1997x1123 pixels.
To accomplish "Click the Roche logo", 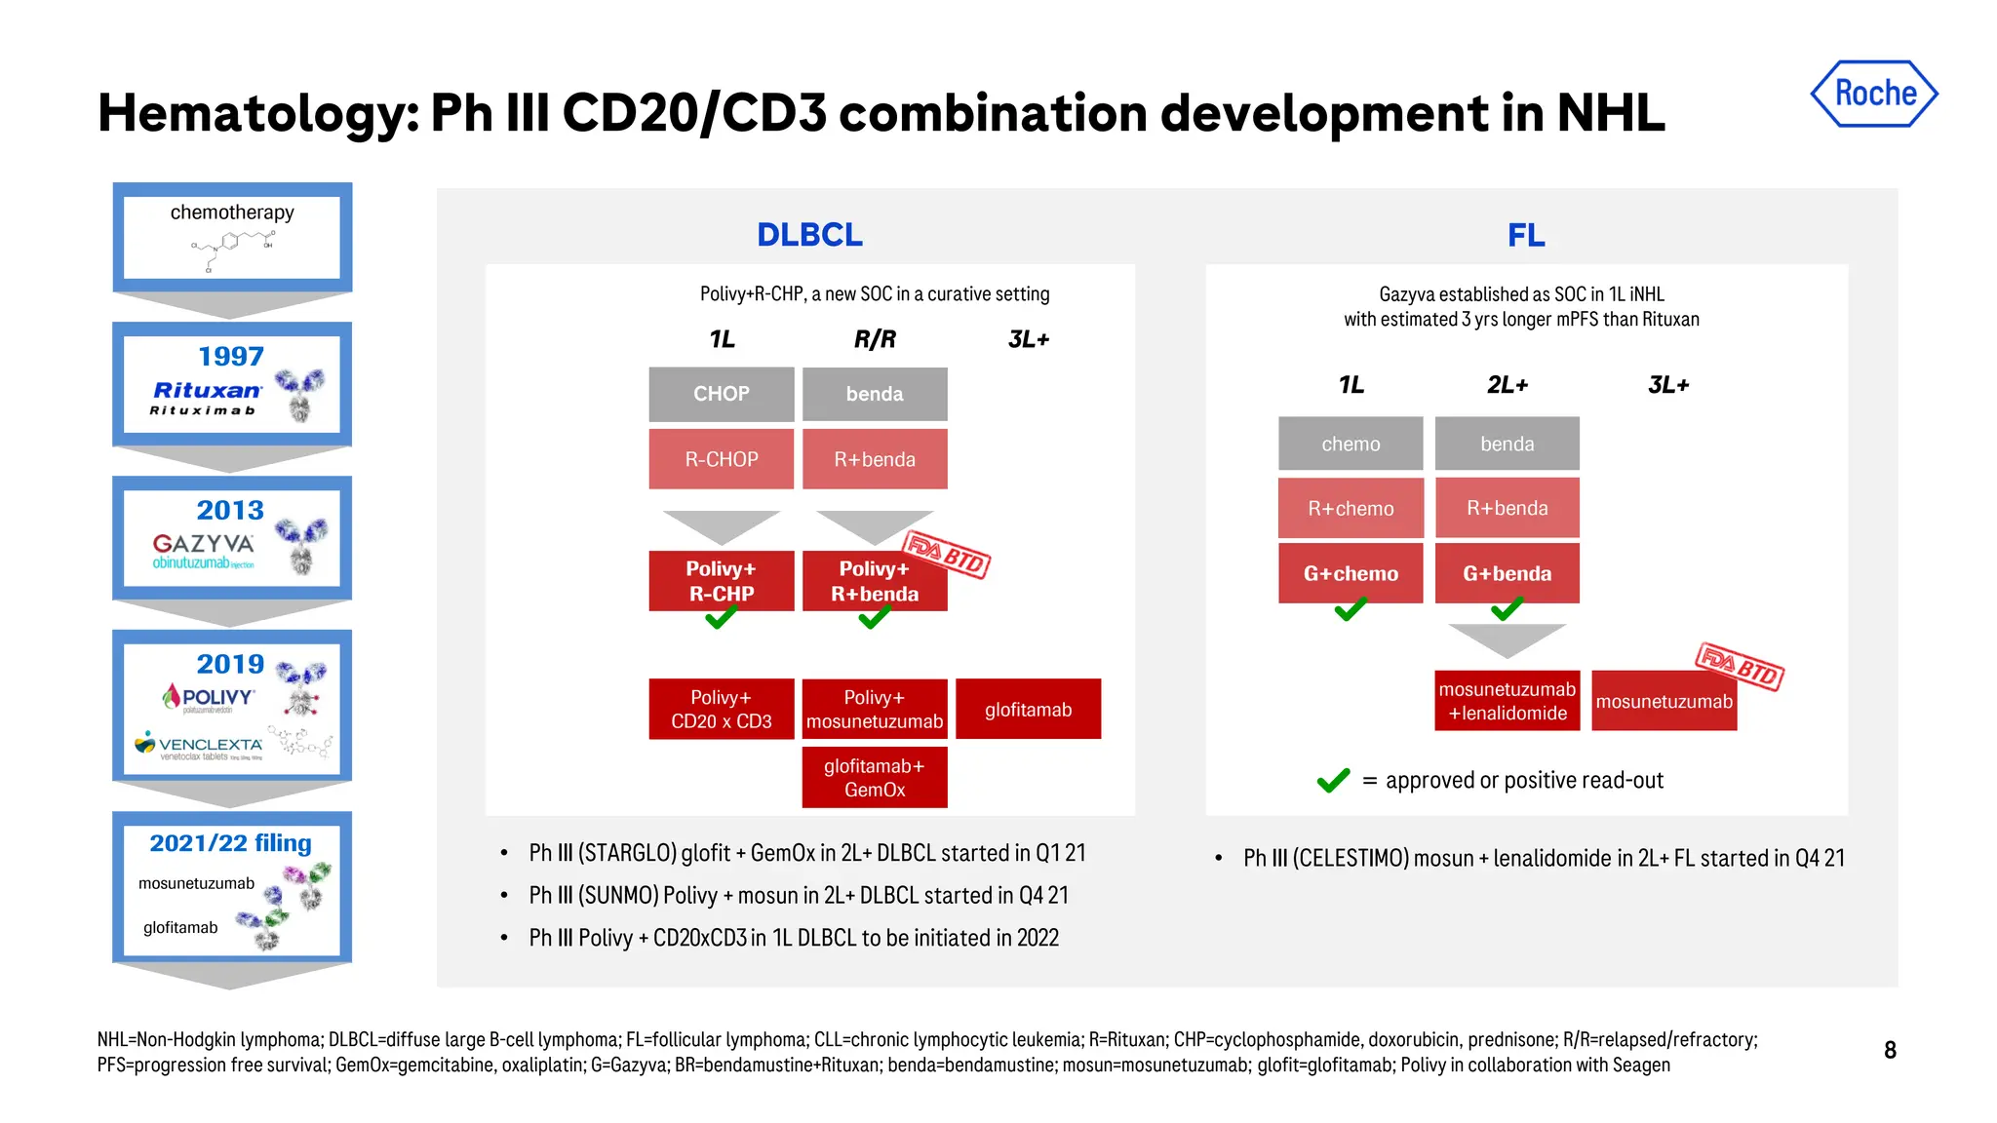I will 1873,94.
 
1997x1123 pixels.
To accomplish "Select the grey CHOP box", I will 721,394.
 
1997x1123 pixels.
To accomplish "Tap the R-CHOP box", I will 721,459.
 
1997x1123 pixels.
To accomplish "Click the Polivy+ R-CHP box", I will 721,581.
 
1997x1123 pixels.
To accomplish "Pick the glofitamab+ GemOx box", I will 874,778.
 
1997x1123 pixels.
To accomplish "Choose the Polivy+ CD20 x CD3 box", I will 721,709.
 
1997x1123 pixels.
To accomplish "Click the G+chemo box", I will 1350,573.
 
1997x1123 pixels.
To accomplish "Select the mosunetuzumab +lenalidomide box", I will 1507,701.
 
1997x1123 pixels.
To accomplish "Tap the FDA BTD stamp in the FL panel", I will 1740,666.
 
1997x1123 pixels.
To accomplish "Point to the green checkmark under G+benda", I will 1507,610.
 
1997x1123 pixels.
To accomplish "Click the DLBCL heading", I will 809,235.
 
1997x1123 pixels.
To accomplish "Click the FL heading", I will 1525,235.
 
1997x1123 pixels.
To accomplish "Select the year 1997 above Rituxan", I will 231,357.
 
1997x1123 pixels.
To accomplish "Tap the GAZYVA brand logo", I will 203,544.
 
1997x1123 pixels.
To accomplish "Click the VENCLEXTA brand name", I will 210,745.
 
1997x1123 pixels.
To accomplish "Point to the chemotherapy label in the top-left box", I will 232,213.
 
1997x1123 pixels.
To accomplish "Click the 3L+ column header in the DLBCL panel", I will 1028,339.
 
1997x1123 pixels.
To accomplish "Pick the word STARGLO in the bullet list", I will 627,853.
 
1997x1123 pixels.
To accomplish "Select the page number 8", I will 1889,1050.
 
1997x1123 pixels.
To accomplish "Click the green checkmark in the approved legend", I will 1333,781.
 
